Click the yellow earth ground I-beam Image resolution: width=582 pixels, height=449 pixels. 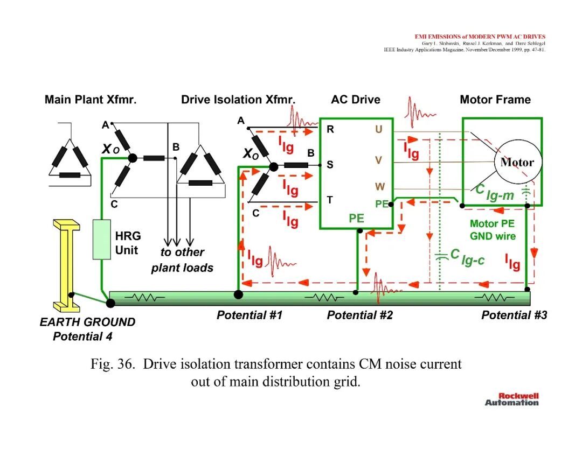pos(67,265)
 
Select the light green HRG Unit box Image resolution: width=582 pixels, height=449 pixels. pos(102,240)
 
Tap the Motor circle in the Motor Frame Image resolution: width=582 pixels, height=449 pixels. pos(517,162)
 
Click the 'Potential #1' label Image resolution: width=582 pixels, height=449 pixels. pos(250,315)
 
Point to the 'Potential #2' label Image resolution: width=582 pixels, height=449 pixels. pos(359,315)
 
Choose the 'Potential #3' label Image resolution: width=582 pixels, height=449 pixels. pos(514,315)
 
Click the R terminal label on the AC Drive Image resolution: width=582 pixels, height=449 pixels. pos(330,129)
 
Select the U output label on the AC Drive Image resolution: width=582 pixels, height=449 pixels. pos(379,129)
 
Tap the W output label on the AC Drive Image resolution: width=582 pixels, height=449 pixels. pos(380,186)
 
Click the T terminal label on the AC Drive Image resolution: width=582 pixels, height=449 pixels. pos(330,200)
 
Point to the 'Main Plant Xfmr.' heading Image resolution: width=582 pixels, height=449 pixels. pos(91,100)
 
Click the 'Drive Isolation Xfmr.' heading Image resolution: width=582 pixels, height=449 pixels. pos(238,100)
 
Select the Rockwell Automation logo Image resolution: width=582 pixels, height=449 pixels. pos(512,399)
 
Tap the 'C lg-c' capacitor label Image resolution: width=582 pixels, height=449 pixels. pos(467,257)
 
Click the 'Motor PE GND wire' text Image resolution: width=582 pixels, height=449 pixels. pos(493,230)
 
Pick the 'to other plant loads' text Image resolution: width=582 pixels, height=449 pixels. pos(182,260)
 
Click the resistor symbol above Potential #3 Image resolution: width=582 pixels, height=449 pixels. pos(494,297)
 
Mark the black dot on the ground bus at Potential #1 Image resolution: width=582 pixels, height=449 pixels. pos(238,294)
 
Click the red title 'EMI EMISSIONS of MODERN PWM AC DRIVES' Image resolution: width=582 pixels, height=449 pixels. pos(480,37)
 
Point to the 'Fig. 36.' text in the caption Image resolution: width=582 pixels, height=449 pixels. pos(113,364)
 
